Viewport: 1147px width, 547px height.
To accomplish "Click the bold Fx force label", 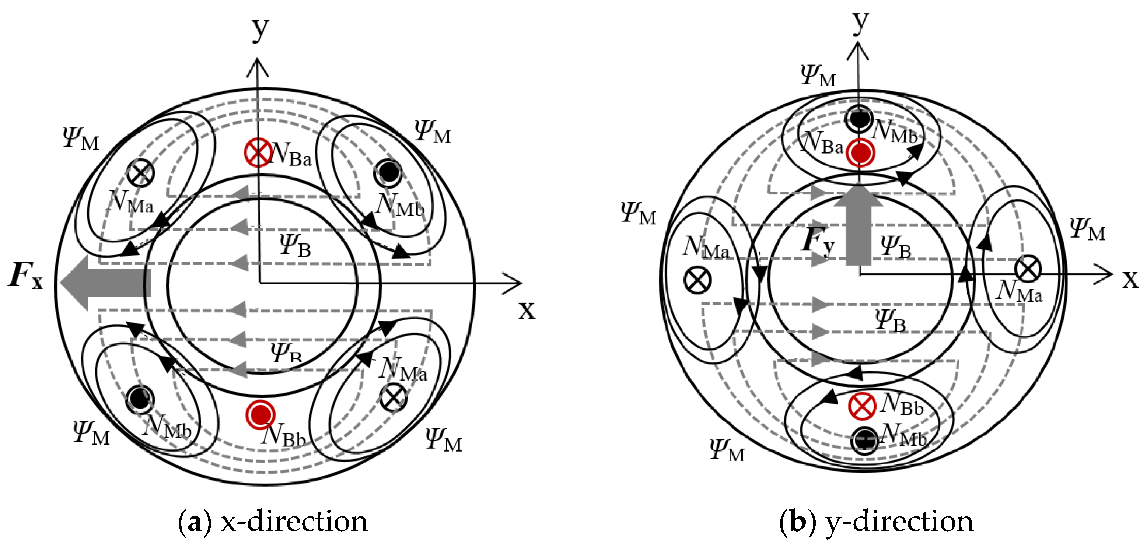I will pos(26,276).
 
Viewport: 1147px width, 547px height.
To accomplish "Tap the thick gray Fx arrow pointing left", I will pos(105,284).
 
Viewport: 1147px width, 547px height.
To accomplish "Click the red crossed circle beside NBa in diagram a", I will pos(258,152).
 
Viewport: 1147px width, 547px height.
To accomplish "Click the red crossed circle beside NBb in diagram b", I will pos(862,406).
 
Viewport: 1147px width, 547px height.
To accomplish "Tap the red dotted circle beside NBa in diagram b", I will pos(861,152).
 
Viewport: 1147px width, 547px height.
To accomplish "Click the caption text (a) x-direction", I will pos(273,521).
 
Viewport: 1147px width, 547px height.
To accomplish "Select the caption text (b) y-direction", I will pos(876,521).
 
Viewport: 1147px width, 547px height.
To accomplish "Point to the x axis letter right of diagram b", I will pos(1130,279).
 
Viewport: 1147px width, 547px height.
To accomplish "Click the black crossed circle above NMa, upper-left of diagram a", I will pos(140,173).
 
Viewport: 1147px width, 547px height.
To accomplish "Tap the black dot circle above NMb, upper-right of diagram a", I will pos(388,172).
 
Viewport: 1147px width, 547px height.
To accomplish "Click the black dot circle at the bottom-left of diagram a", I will pos(140,398).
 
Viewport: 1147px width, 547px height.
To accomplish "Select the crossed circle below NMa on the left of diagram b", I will pos(697,280).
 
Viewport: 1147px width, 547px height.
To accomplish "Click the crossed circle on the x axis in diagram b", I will pos(1028,269).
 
